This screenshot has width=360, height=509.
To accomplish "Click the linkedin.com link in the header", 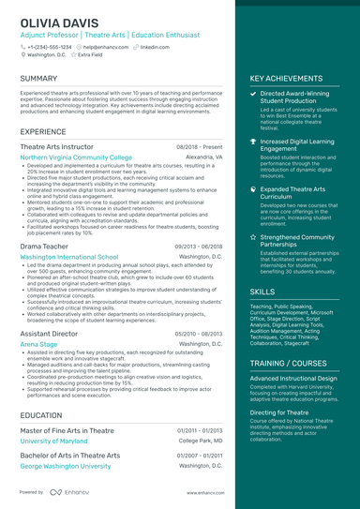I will [155, 46].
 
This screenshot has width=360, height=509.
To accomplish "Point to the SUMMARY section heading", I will [38, 78].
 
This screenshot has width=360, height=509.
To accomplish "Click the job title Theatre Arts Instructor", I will [56, 147].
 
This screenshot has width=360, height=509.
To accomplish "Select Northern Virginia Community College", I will [76, 157].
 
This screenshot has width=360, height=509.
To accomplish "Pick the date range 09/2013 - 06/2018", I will [198, 247].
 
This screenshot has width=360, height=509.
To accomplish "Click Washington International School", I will [68, 256].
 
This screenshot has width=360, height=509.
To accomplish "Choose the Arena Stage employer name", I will [38, 344].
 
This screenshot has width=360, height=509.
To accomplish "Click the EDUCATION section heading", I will [41, 414].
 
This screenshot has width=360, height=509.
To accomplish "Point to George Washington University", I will [66, 465].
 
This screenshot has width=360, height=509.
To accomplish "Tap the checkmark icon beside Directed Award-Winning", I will [253, 95].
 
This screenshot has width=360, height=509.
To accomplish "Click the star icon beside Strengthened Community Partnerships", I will [253, 237].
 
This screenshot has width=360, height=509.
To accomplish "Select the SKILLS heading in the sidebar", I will [262, 292].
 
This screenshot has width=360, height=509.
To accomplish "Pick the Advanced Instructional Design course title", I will [294, 378].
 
